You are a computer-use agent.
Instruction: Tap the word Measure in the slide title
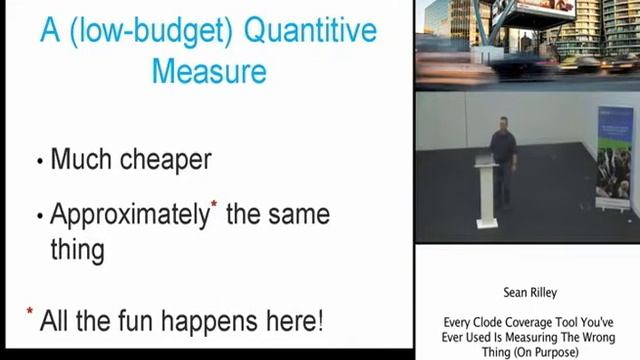[208, 72]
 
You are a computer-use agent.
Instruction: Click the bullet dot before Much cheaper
[39, 161]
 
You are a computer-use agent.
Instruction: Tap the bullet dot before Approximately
[39, 216]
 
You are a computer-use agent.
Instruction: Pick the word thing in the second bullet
[77, 249]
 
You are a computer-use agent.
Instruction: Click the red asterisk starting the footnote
[30, 314]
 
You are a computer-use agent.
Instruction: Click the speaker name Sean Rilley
[529, 294]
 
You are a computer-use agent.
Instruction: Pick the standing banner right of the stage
[614, 160]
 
